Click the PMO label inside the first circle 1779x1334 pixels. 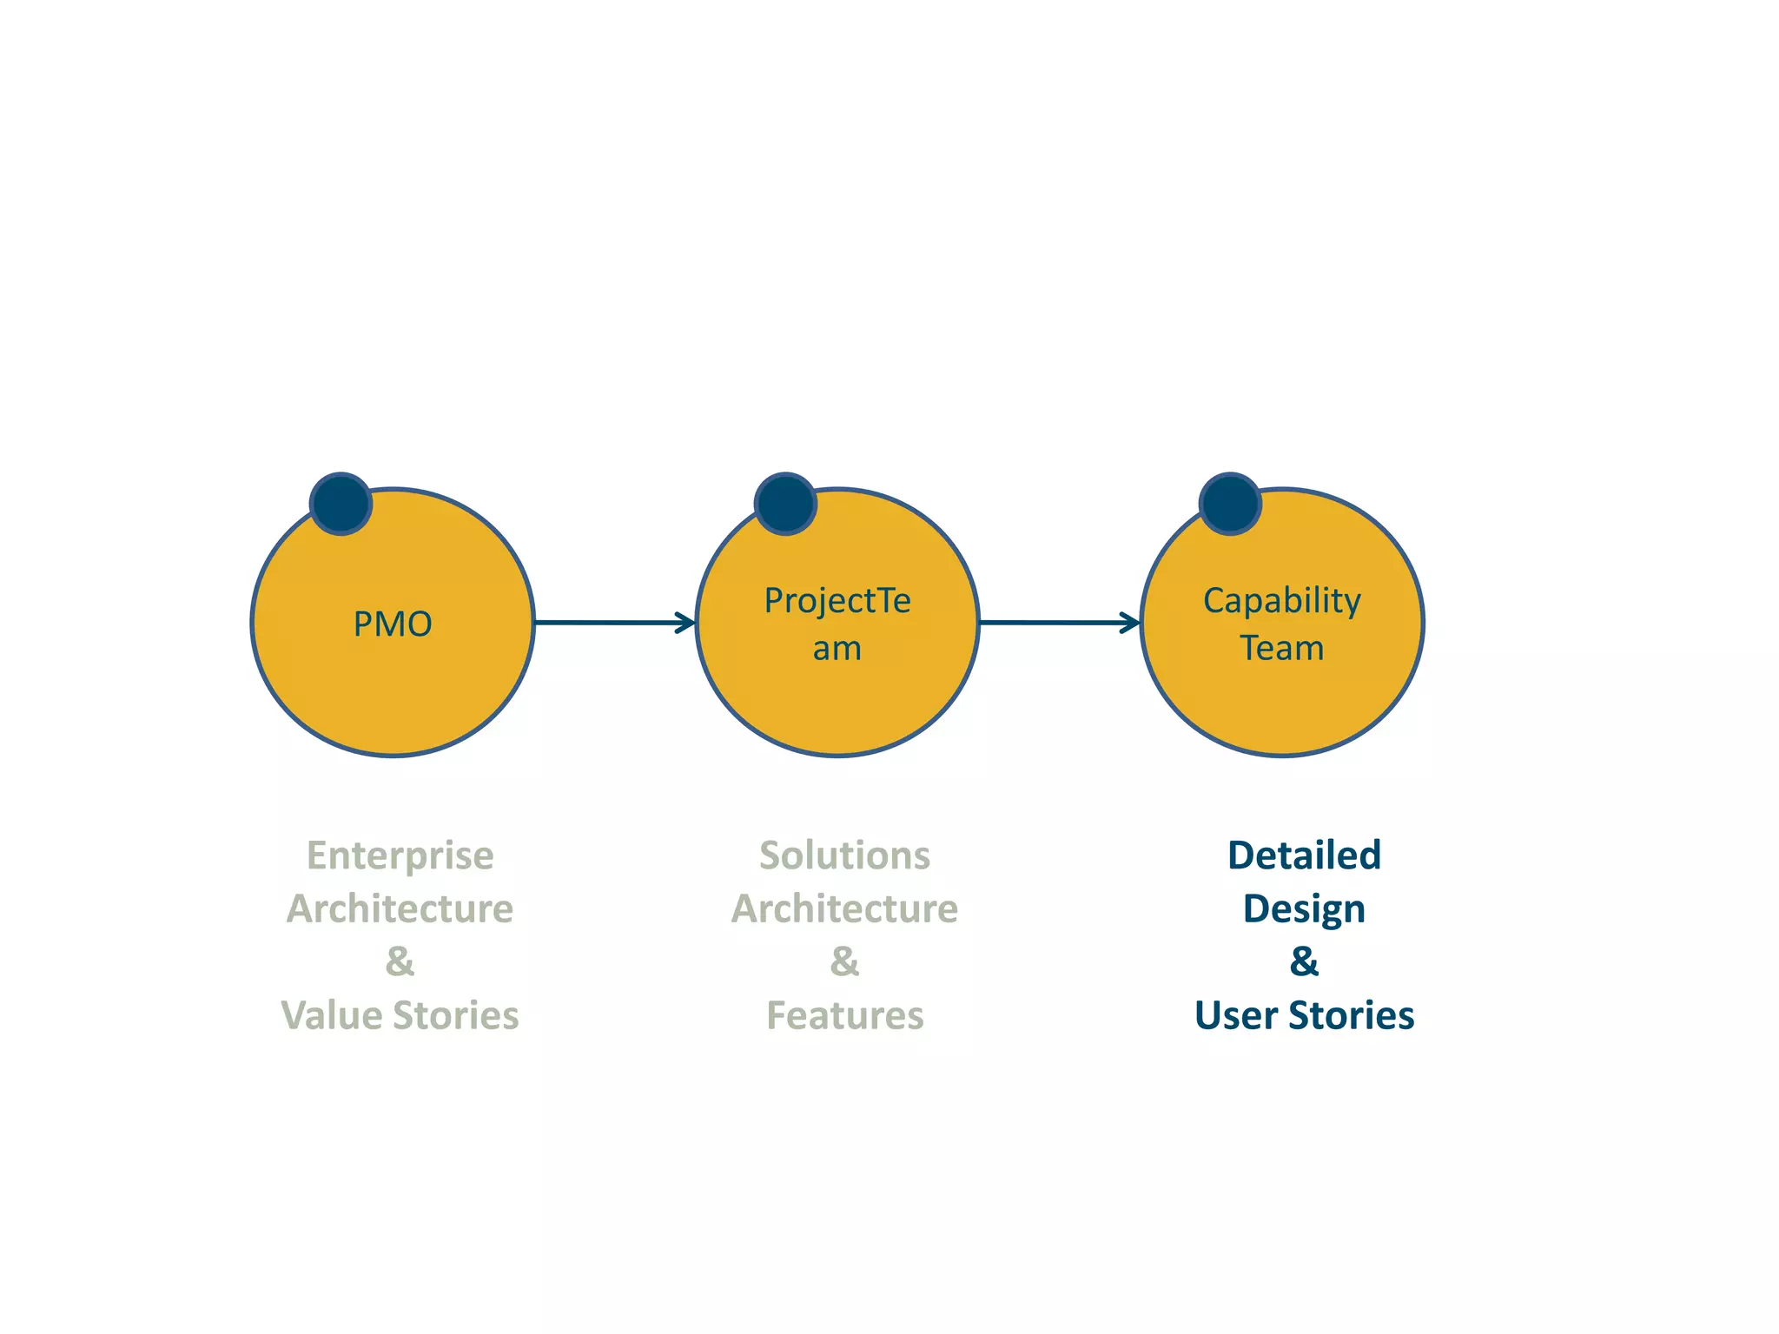click(x=393, y=624)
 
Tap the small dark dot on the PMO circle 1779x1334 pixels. click(x=341, y=504)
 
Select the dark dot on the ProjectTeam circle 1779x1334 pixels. click(x=785, y=504)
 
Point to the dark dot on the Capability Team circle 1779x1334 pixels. click(x=1230, y=504)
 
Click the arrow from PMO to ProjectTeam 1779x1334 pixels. click(x=613, y=622)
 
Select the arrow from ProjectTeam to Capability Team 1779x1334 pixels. click(x=1058, y=622)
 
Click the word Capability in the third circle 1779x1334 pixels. click(x=1281, y=601)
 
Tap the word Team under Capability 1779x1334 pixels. click(x=1281, y=648)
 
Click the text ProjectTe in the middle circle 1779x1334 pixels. click(x=837, y=601)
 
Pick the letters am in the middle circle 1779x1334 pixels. click(x=837, y=649)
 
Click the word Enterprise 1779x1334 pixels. click(x=400, y=855)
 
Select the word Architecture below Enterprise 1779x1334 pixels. click(x=400, y=908)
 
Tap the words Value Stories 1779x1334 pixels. click(x=400, y=1015)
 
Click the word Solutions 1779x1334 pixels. click(x=844, y=855)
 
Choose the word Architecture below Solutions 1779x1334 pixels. click(x=844, y=908)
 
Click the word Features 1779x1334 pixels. click(x=844, y=1015)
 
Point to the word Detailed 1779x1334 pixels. click(x=1304, y=855)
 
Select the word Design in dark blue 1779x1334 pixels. click(x=1304, y=909)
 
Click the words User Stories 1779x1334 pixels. click(x=1304, y=1015)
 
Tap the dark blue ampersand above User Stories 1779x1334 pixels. click(x=1304, y=961)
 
